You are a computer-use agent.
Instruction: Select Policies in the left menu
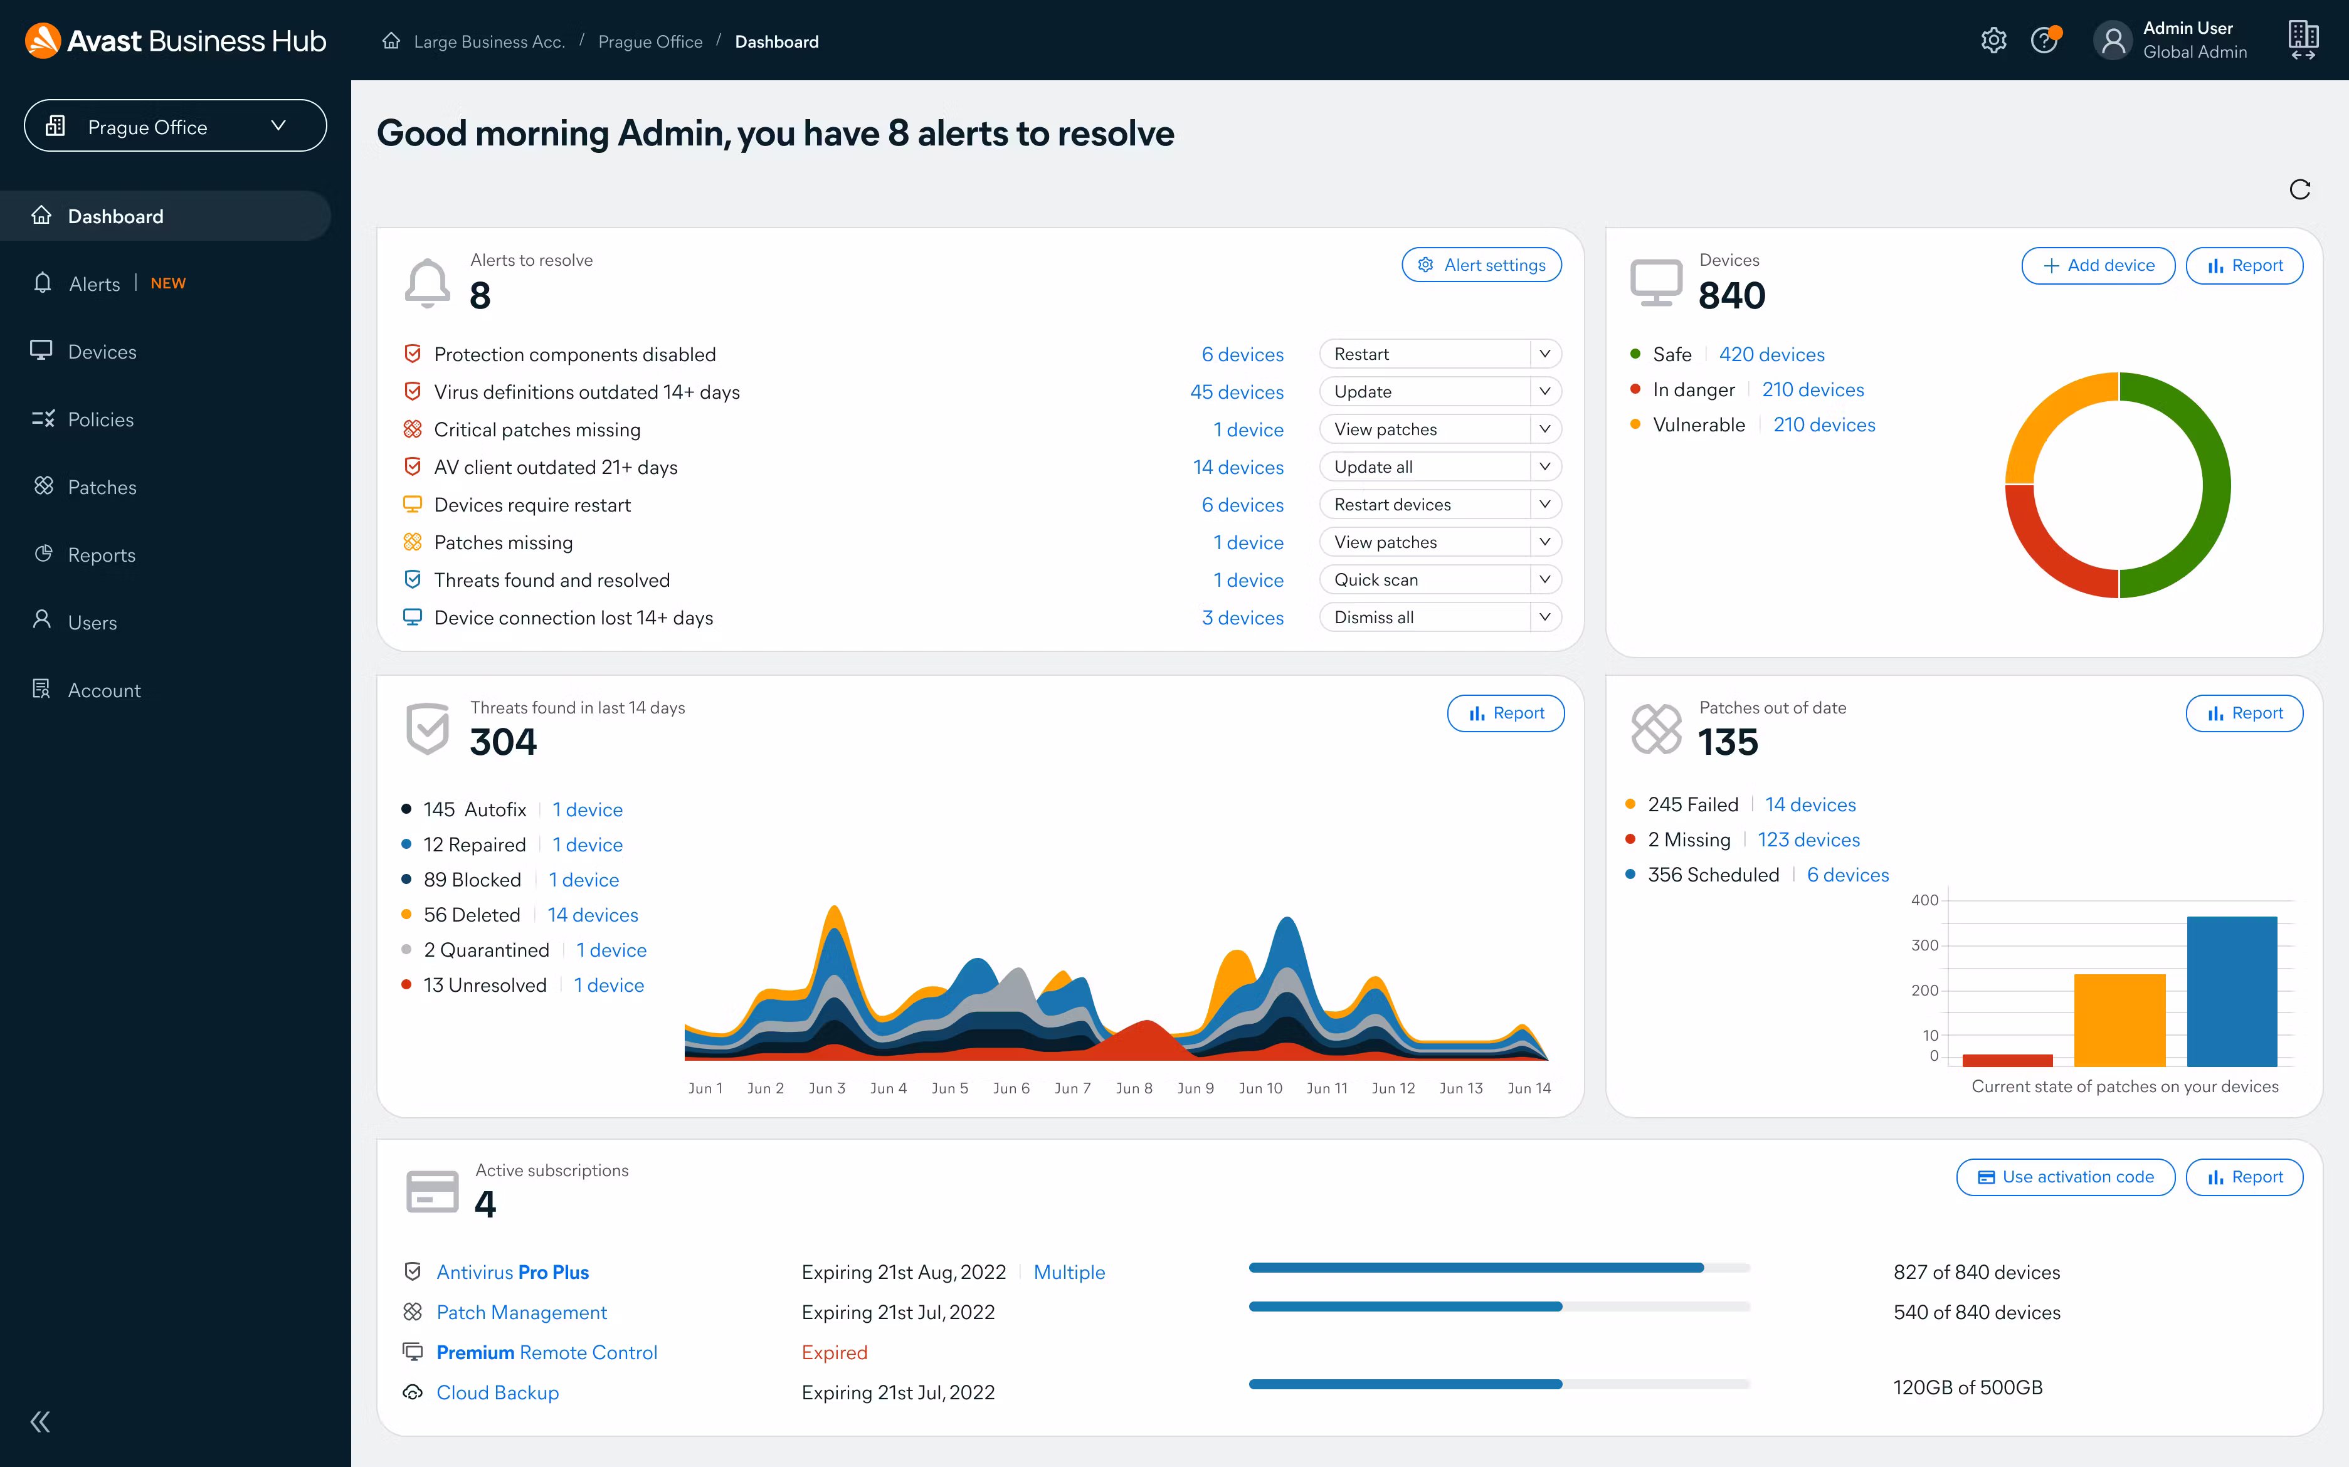tap(101, 419)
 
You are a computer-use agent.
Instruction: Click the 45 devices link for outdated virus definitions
tap(1236, 392)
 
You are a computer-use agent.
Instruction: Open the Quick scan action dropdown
tap(1544, 579)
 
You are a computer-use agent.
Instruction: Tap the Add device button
tap(2098, 265)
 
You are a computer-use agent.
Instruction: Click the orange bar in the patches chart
tap(2119, 1019)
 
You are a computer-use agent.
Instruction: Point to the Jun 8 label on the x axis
tap(1133, 1088)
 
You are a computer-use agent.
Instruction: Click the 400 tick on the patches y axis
tap(1924, 900)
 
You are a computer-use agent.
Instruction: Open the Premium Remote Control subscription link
tap(546, 1352)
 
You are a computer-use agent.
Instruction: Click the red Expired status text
tap(833, 1352)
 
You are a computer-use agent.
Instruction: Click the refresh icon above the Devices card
tap(2299, 189)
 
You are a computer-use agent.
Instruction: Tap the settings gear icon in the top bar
tap(1993, 41)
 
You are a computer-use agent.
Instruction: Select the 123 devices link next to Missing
tap(1808, 839)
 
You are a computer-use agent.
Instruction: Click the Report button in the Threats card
tap(1505, 713)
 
